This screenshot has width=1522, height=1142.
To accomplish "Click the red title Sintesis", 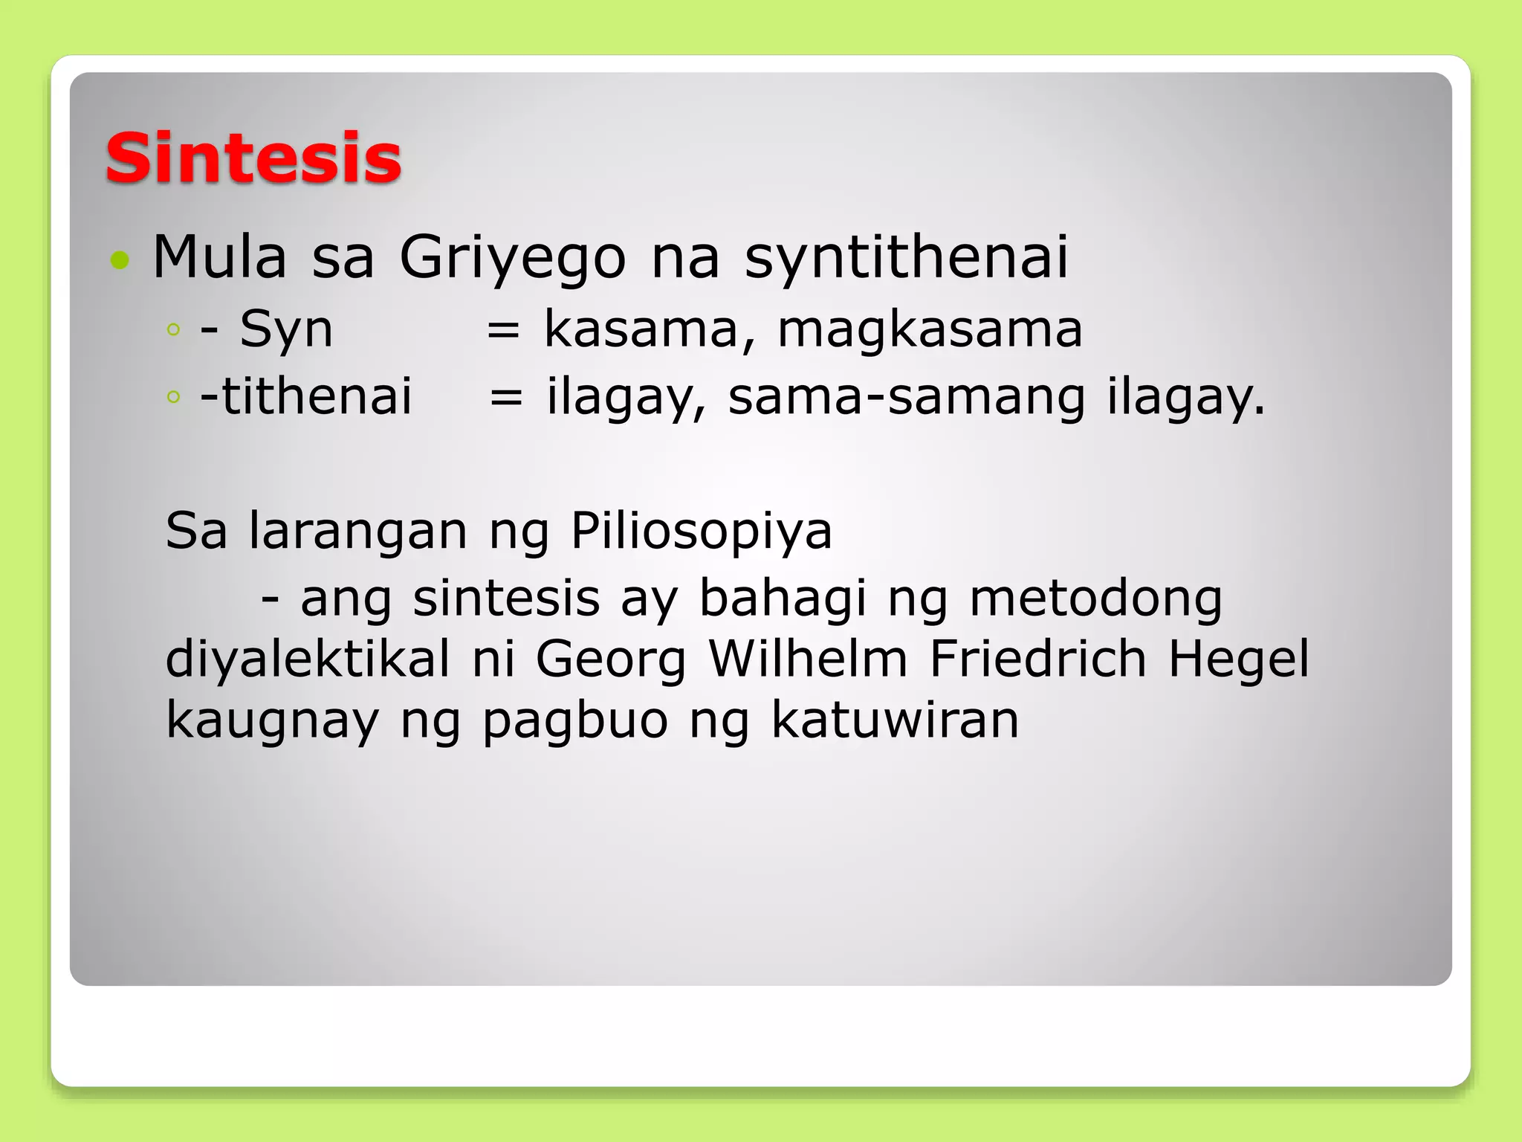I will (x=253, y=158).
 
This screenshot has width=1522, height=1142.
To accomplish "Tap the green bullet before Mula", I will (x=119, y=259).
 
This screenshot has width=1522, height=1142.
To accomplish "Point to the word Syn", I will (x=286, y=329).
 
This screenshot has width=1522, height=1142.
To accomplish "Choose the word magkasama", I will (x=930, y=329).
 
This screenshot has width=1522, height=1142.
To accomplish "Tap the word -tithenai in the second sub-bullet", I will (x=305, y=396).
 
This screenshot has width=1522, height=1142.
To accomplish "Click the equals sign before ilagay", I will (x=506, y=398).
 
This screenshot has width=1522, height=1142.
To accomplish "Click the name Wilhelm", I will (x=808, y=659).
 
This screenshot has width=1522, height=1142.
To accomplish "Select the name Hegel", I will (x=1238, y=660).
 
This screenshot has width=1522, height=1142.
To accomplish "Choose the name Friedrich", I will (x=1037, y=659).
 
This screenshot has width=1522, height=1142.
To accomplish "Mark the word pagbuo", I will (x=575, y=721).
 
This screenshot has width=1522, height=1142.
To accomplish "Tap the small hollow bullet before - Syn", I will (x=174, y=330).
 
